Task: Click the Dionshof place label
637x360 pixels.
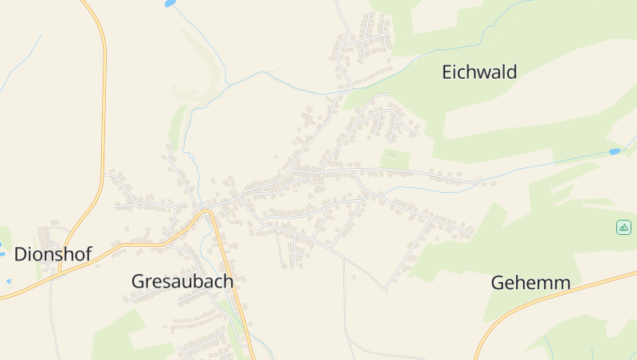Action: coord(53,254)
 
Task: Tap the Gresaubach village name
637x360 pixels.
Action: coord(182,281)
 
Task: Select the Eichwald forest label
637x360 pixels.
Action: coord(479,72)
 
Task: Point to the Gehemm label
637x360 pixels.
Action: coord(530,283)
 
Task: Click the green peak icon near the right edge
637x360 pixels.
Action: coord(623,227)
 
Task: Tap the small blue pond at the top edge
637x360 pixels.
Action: coord(168,4)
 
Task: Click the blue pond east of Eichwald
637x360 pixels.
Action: coord(614,151)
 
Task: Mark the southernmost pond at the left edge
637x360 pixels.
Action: coord(8,281)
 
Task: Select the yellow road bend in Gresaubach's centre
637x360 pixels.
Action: coord(205,212)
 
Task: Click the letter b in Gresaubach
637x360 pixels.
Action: coord(201,281)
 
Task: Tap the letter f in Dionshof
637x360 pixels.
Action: coord(87,254)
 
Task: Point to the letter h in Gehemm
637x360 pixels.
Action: coord(524,283)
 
